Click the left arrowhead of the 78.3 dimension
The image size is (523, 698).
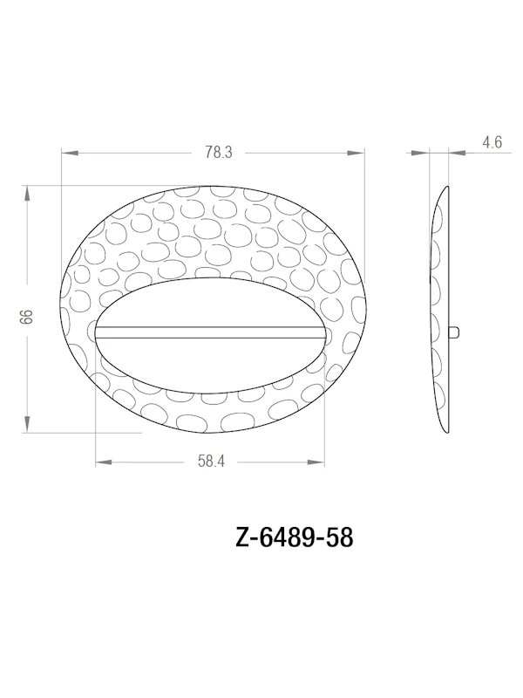click(68, 153)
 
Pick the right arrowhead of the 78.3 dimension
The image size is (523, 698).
click(357, 153)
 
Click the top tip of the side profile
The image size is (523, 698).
click(447, 186)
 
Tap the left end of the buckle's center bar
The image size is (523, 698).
click(98, 332)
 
